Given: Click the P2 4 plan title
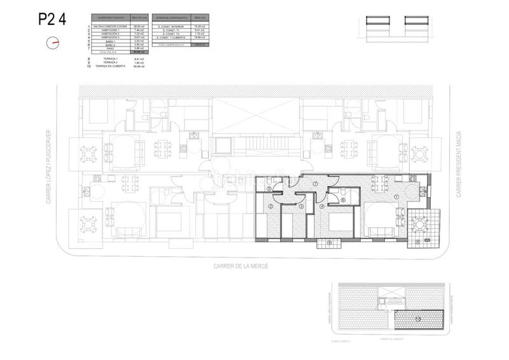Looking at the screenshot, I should point(53,19).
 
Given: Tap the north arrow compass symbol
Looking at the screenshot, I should point(53,43).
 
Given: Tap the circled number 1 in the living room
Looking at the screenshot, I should point(396,197).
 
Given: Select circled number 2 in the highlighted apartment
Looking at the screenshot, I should point(270,206).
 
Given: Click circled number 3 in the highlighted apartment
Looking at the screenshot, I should point(301,206).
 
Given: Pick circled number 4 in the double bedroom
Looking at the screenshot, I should point(322,206).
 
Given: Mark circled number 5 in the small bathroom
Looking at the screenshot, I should point(269,188).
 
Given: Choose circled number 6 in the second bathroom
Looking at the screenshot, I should point(343,200).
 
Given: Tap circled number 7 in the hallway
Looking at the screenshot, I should point(316,184).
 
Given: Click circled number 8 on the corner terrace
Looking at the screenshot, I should point(417,242).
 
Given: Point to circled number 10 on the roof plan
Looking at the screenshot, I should point(418,319).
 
